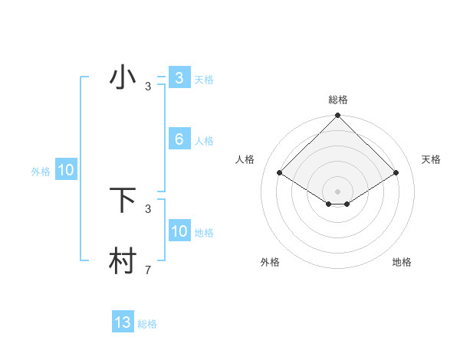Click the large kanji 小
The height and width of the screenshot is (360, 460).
point(123,78)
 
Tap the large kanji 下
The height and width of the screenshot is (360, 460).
point(123,200)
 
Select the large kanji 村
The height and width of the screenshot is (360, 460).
point(123,261)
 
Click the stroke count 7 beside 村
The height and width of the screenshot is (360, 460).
point(148,270)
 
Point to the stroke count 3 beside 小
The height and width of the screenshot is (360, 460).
point(148,87)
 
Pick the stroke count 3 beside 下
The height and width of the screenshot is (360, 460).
point(148,208)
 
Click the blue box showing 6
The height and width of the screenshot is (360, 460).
point(179,139)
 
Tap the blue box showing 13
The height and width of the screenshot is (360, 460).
point(123,322)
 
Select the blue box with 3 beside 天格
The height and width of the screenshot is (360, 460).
point(179,78)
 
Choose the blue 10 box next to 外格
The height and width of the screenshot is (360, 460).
point(66,170)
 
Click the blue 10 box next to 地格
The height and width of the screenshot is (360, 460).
point(179,231)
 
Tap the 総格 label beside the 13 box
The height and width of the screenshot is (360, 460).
point(147,324)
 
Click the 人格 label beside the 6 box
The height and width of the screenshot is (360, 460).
point(204,141)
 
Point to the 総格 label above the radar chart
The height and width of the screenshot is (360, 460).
point(337,100)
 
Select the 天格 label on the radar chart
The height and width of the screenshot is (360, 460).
point(431,159)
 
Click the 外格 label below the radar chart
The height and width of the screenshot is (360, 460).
point(270,263)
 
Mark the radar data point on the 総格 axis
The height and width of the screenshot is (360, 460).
point(337,116)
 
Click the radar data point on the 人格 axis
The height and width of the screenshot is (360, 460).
point(279,172)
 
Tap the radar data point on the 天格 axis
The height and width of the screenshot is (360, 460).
point(396,172)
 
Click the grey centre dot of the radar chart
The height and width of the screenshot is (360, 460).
point(337,191)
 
